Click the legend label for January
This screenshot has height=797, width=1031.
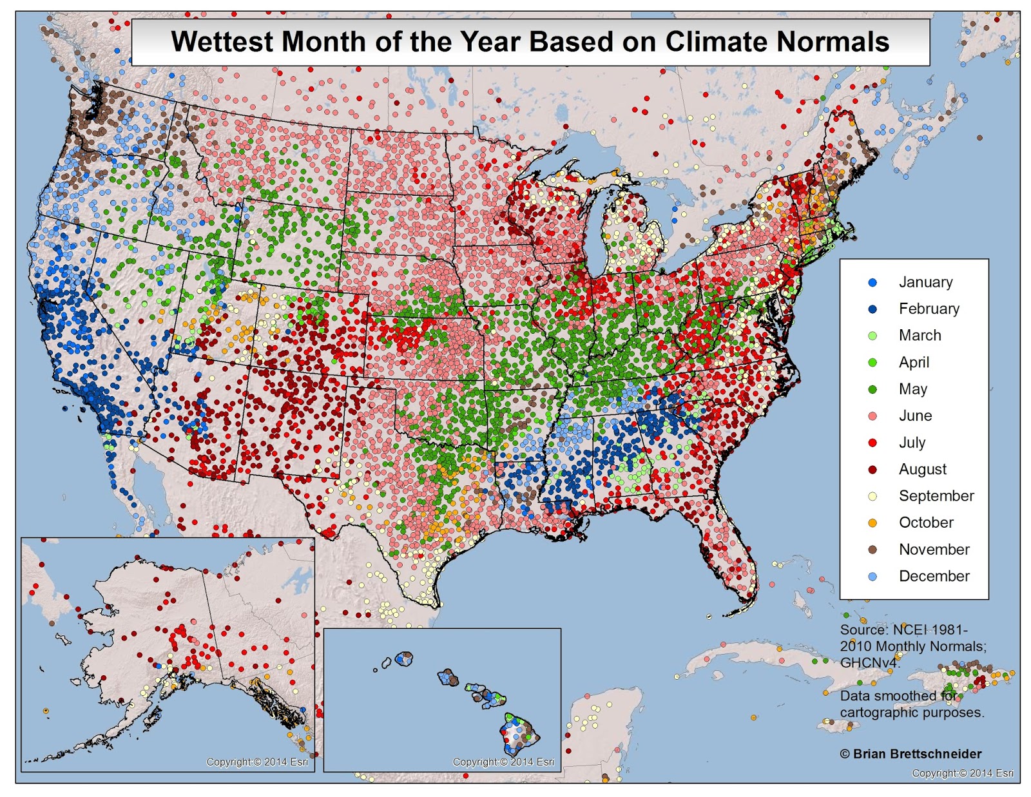click(x=925, y=282)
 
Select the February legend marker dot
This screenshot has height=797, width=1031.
click(x=872, y=309)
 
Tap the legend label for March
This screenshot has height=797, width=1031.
click(x=920, y=336)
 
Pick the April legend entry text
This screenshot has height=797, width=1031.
click(x=914, y=363)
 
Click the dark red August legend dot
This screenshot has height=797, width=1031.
click(x=872, y=470)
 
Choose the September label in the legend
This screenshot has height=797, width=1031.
click(x=936, y=496)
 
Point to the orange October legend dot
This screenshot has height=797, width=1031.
click(x=872, y=523)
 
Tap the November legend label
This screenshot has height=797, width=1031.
click(x=934, y=550)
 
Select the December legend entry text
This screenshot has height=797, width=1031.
click(x=934, y=577)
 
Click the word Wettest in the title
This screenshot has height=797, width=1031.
click(x=222, y=42)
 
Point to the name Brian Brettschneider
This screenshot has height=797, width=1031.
click(x=917, y=754)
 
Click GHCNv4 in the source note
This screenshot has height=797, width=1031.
click(x=869, y=663)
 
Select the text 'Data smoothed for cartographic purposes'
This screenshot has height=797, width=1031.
click(x=911, y=704)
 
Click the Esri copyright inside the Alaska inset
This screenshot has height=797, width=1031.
click(x=256, y=762)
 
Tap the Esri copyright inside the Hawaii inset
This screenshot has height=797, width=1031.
click(x=503, y=762)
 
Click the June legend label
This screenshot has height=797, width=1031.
click(x=915, y=416)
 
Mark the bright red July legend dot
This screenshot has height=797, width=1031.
click(x=872, y=443)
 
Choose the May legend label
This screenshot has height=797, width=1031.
click(x=912, y=389)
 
